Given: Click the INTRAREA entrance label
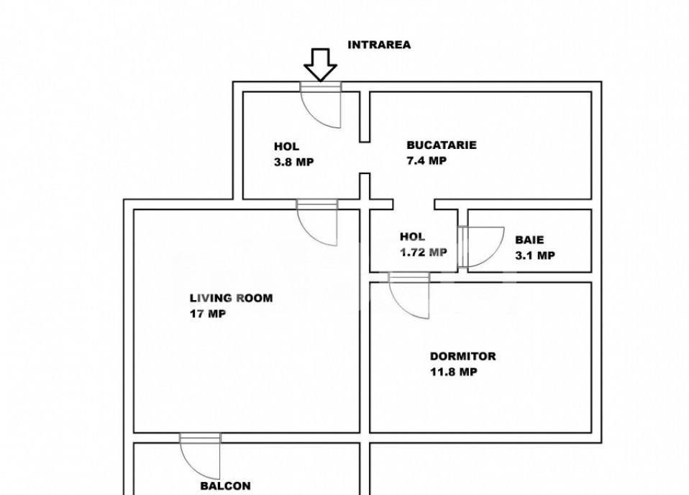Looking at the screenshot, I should coord(379,45).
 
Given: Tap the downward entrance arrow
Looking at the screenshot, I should coord(320,65).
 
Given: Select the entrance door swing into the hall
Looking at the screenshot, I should coord(321,106).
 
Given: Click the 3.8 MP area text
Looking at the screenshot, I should coord(293,162).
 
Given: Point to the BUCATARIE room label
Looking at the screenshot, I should coord(441,145).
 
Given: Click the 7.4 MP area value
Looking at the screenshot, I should coord(426,160).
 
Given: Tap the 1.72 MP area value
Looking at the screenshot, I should coord(424,252).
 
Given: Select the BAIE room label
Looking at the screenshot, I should coord(529,240).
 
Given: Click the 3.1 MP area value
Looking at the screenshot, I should coord(534,255).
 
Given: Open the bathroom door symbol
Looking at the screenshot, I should coord(482,247).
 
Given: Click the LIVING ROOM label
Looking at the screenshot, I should coord(231,298).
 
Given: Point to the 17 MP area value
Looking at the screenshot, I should coord(207,314).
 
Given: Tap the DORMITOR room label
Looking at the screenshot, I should coord(462,356).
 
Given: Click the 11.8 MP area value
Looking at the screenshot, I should coord(454,372).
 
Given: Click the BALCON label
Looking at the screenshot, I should coord(225,486).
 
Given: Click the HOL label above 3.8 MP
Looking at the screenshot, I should coord(286,147).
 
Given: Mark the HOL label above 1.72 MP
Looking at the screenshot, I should coord(412,236).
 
